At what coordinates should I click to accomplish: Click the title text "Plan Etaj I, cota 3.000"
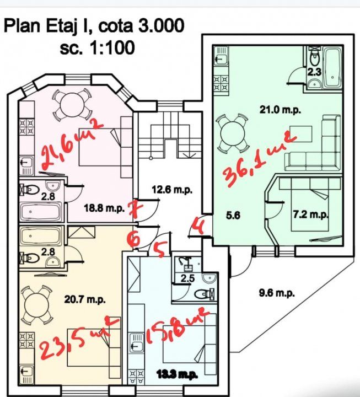pos(94,25)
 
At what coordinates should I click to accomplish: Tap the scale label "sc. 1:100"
pos(96,47)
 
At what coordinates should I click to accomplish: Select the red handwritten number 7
pos(133,209)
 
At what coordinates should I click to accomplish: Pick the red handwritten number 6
pos(134,239)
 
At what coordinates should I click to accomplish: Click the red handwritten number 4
pos(200,227)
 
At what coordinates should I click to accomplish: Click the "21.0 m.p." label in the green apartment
pos(280,109)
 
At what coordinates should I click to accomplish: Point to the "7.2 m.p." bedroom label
pos(310,214)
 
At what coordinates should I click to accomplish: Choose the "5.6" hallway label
pos(234,216)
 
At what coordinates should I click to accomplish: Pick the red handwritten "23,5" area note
pos(72,342)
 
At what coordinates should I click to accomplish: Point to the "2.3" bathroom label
pos(314,71)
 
